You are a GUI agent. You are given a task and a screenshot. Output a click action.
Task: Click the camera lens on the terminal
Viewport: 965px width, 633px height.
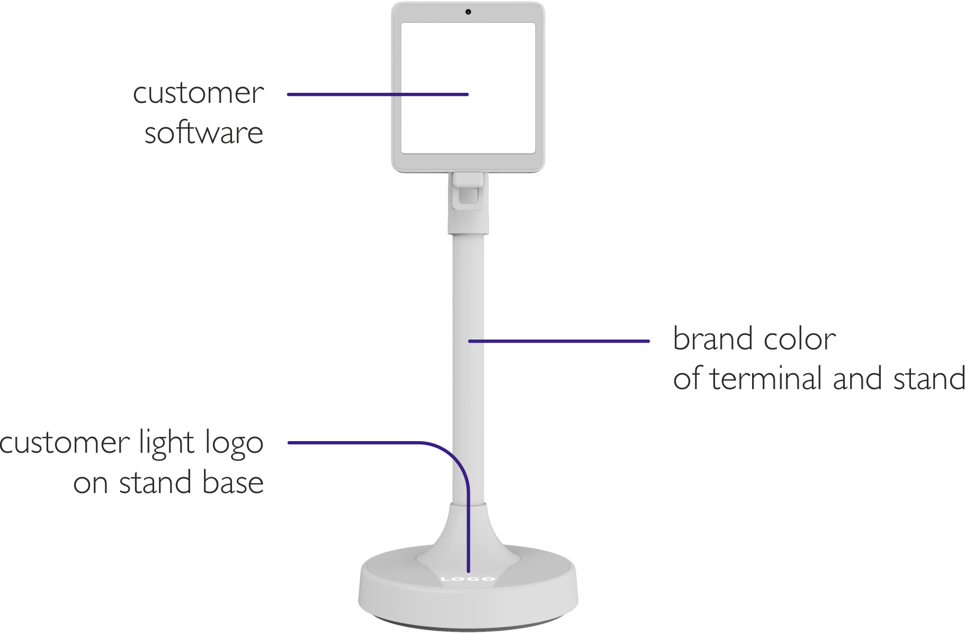[468, 12]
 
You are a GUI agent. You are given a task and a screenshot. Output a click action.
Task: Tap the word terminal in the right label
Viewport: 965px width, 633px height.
[768, 379]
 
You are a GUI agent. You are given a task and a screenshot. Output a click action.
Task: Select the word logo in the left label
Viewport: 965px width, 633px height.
[234, 444]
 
